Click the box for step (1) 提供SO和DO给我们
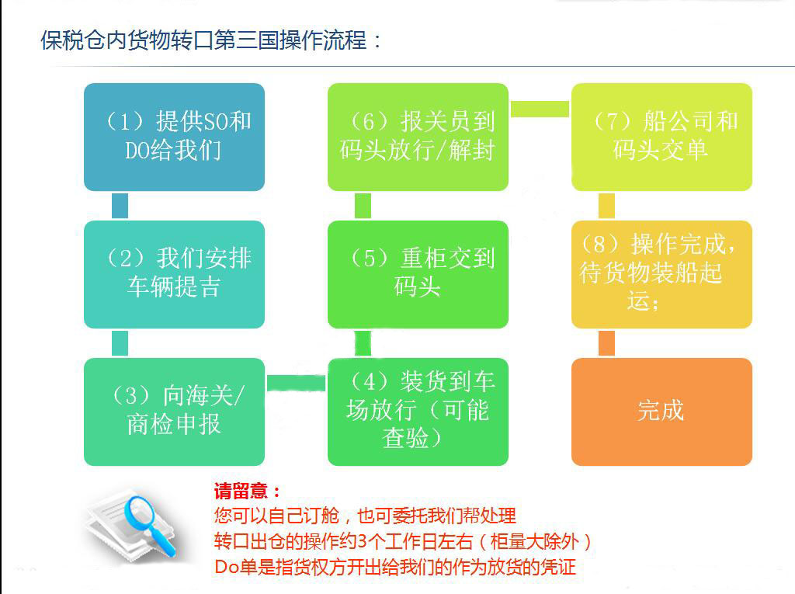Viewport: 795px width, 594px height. pyautogui.click(x=174, y=137)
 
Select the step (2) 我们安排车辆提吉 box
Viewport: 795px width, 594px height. pyautogui.click(x=174, y=273)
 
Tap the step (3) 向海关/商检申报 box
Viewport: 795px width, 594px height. pyautogui.click(x=174, y=411)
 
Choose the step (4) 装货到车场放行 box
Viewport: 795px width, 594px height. pyautogui.click(x=418, y=411)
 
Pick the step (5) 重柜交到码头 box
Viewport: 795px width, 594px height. pyautogui.click(x=418, y=273)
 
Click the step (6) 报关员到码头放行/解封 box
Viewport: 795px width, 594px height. pyautogui.click(x=418, y=137)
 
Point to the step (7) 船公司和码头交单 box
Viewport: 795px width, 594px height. pyautogui.click(x=661, y=137)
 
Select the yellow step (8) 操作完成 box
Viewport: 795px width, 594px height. pyautogui.click(x=661, y=273)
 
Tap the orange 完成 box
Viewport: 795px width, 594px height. pyautogui.click(x=661, y=411)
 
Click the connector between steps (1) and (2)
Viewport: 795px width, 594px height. pyautogui.click(x=120, y=206)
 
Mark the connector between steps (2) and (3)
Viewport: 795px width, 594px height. pyautogui.click(x=120, y=342)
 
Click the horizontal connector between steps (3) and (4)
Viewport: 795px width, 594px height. pyautogui.click(x=296, y=383)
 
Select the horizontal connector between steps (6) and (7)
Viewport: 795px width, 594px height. pyautogui.click(x=540, y=109)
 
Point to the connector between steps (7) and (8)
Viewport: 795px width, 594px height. pyautogui.click(x=606, y=206)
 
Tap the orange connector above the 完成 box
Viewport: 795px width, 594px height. pyautogui.click(x=606, y=342)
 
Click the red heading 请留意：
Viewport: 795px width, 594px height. pyautogui.click(x=247, y=492)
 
